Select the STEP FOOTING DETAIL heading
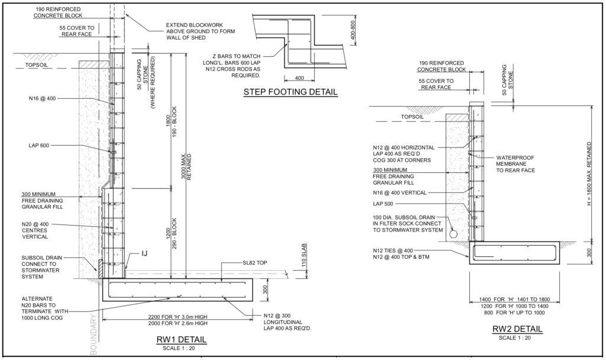click(291, 92)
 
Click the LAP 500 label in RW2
click(384, 204)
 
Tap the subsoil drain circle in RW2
click(453, 233)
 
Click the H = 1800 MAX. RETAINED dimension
click(589, 172)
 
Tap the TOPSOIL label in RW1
click(39, 66)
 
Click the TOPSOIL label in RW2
click(414, 117)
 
